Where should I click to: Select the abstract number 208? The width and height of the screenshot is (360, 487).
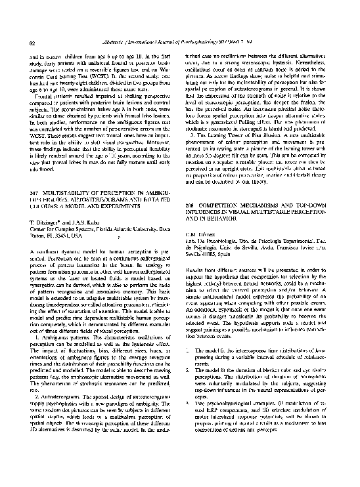[191, 206]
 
